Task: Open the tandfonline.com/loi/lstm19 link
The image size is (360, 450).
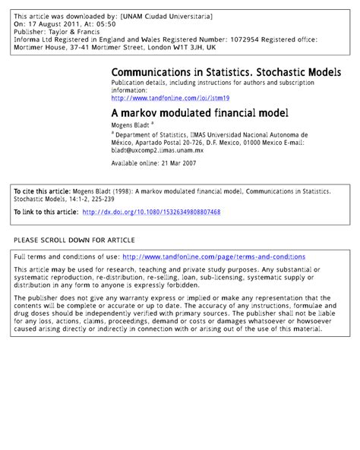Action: click(x=170, y=98)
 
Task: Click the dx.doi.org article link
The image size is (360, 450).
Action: click(x=150, y=212)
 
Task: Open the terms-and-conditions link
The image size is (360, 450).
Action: click(x=213, y=257)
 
